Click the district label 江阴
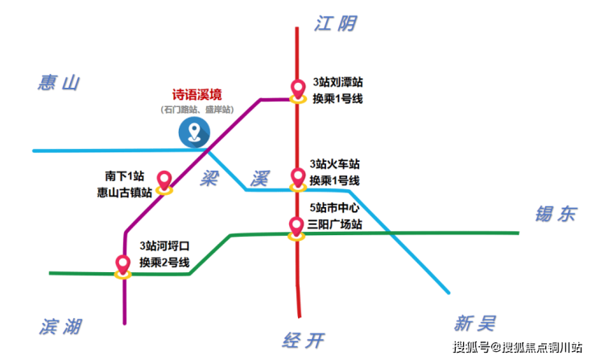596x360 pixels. point(335,23)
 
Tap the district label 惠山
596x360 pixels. point(59,83)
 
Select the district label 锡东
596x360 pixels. point(556,214)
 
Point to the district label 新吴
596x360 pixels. point(474,324)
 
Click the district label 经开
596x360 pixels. point(304,340)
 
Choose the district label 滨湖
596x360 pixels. point(60,326)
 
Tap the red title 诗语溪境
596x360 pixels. point(197,95)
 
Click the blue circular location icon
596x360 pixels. point(194,132)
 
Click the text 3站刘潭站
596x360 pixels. point(338,82)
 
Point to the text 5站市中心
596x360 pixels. point(334,208)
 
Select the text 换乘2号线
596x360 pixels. point(164,263)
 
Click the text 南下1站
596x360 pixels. point(125,176)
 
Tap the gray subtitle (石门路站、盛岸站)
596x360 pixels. point(197,110)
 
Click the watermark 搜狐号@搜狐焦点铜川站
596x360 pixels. point(517,347)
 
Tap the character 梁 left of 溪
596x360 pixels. point(209,178)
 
